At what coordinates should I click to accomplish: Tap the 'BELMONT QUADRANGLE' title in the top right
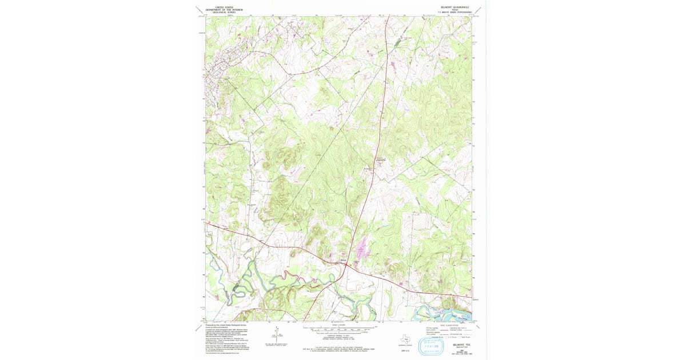tap(456, 7)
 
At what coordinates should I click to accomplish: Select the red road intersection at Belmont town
tap(344, 264)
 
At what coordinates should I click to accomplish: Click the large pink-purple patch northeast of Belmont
tap(362, 250)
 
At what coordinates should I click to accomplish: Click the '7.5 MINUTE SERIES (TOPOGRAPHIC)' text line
tap(456, 13)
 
